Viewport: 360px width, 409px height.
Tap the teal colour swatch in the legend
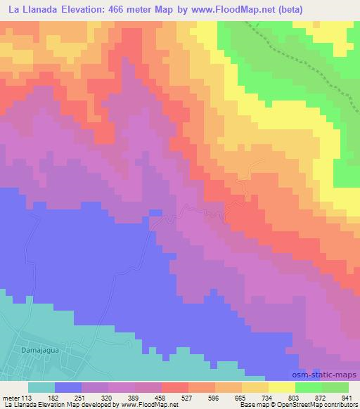point(41,387)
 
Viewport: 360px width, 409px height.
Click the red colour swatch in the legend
point(175,387)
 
